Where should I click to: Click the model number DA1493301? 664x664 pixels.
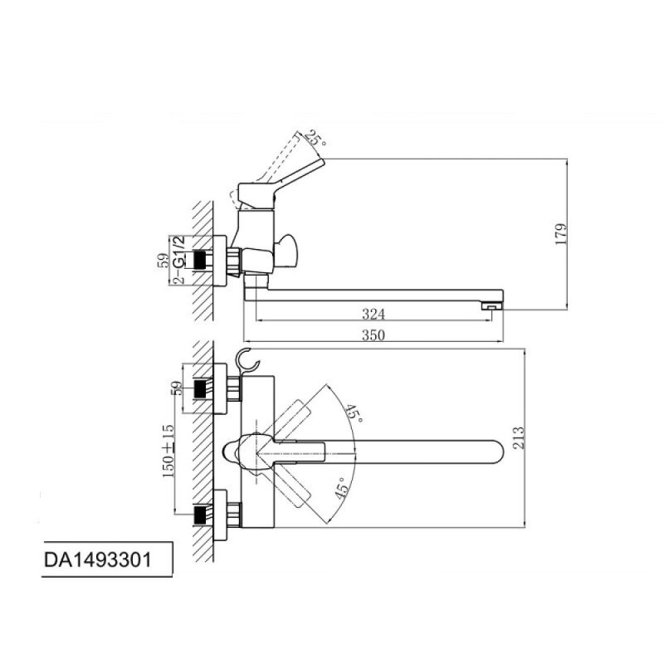[97, 559]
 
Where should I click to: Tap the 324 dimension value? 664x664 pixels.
[373, 315]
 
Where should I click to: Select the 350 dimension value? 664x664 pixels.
[373, 335]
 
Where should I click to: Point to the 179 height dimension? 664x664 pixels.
[561, 234]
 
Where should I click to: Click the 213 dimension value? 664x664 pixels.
[518, 437]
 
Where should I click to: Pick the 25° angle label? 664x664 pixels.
[316, 138]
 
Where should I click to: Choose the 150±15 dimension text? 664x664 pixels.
[168, 451]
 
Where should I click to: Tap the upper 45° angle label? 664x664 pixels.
[353, 413]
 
